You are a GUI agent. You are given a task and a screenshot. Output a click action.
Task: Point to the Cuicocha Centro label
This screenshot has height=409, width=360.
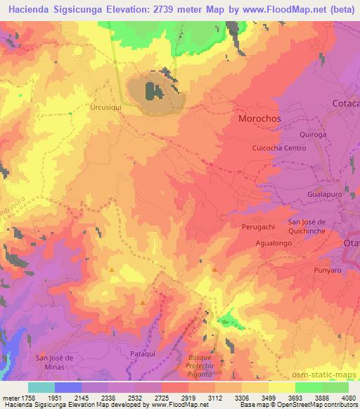coord(279,148)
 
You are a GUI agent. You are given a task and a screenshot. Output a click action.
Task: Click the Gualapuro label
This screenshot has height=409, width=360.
coord(324,192)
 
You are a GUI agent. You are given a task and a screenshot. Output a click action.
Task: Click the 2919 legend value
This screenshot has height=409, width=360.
coord(200,396)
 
